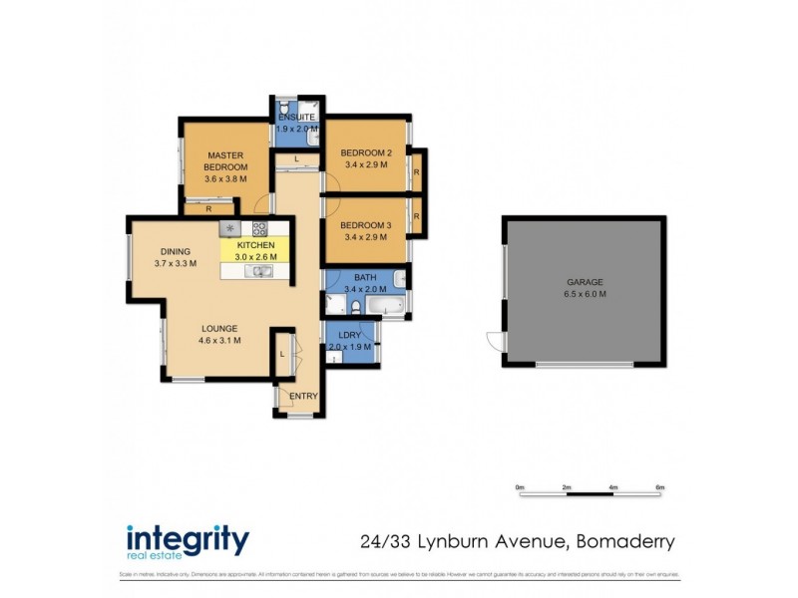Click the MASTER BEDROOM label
(x=224, y=160)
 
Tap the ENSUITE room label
(x=296, y=118)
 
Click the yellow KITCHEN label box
(x=255, y=250)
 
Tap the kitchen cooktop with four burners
(x=258, y=228)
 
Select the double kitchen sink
(x=261, y=270)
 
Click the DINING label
(x=175, y=251)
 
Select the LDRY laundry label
(x=349, y=334)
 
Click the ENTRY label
(x=303, y=396)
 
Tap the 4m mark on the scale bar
(x=612, y=487)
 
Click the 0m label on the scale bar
(x=520, y=487)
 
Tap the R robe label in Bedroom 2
(x=416, y=172)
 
